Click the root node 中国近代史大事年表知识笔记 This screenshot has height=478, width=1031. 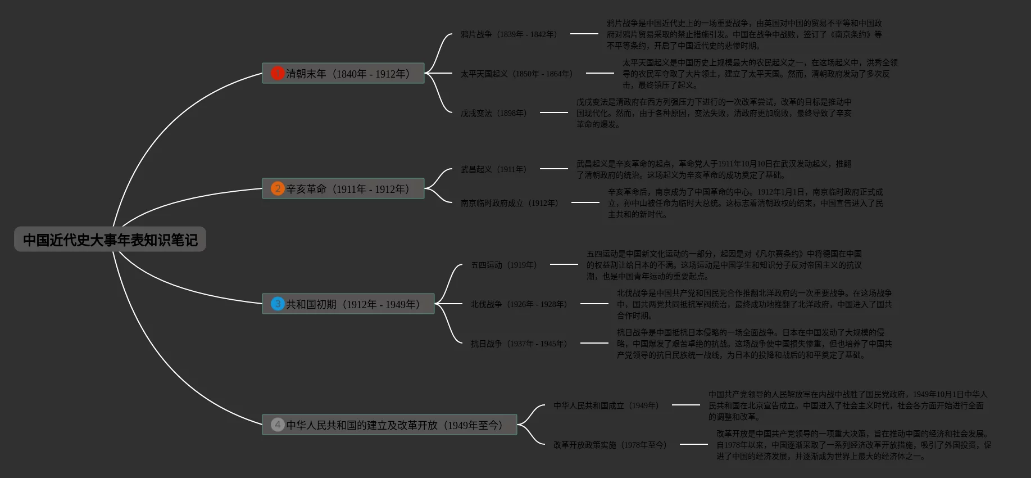click(x=110, y=240)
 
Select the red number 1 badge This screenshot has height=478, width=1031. click(x=278, y=73)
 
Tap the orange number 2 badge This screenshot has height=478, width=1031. click(x=278, y=188)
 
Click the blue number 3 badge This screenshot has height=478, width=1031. click(x=278, y=304)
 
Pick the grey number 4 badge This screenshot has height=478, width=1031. click(x=278, y=425)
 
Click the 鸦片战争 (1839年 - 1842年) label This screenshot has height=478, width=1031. click(x=508, y=34)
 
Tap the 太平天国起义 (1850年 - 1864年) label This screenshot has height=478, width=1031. click(x=516, y=74)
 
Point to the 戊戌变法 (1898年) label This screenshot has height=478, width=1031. click(x=493, y=113)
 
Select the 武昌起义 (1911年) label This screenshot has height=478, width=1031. click(x=493, y=169)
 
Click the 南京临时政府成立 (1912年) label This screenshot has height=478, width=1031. click(x=509, y=203)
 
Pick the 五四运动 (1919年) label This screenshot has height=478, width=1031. click(x=503, y=265)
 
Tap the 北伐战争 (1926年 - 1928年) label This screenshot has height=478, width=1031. click(x=519, y=304)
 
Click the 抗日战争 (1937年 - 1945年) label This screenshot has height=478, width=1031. click(x=519, y=344)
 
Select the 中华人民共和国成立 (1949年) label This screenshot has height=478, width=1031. click(x=606, y=405)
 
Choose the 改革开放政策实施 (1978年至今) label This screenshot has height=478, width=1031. click(x=610, y=445)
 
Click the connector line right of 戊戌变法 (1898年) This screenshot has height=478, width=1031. click(x=553, y=112)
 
